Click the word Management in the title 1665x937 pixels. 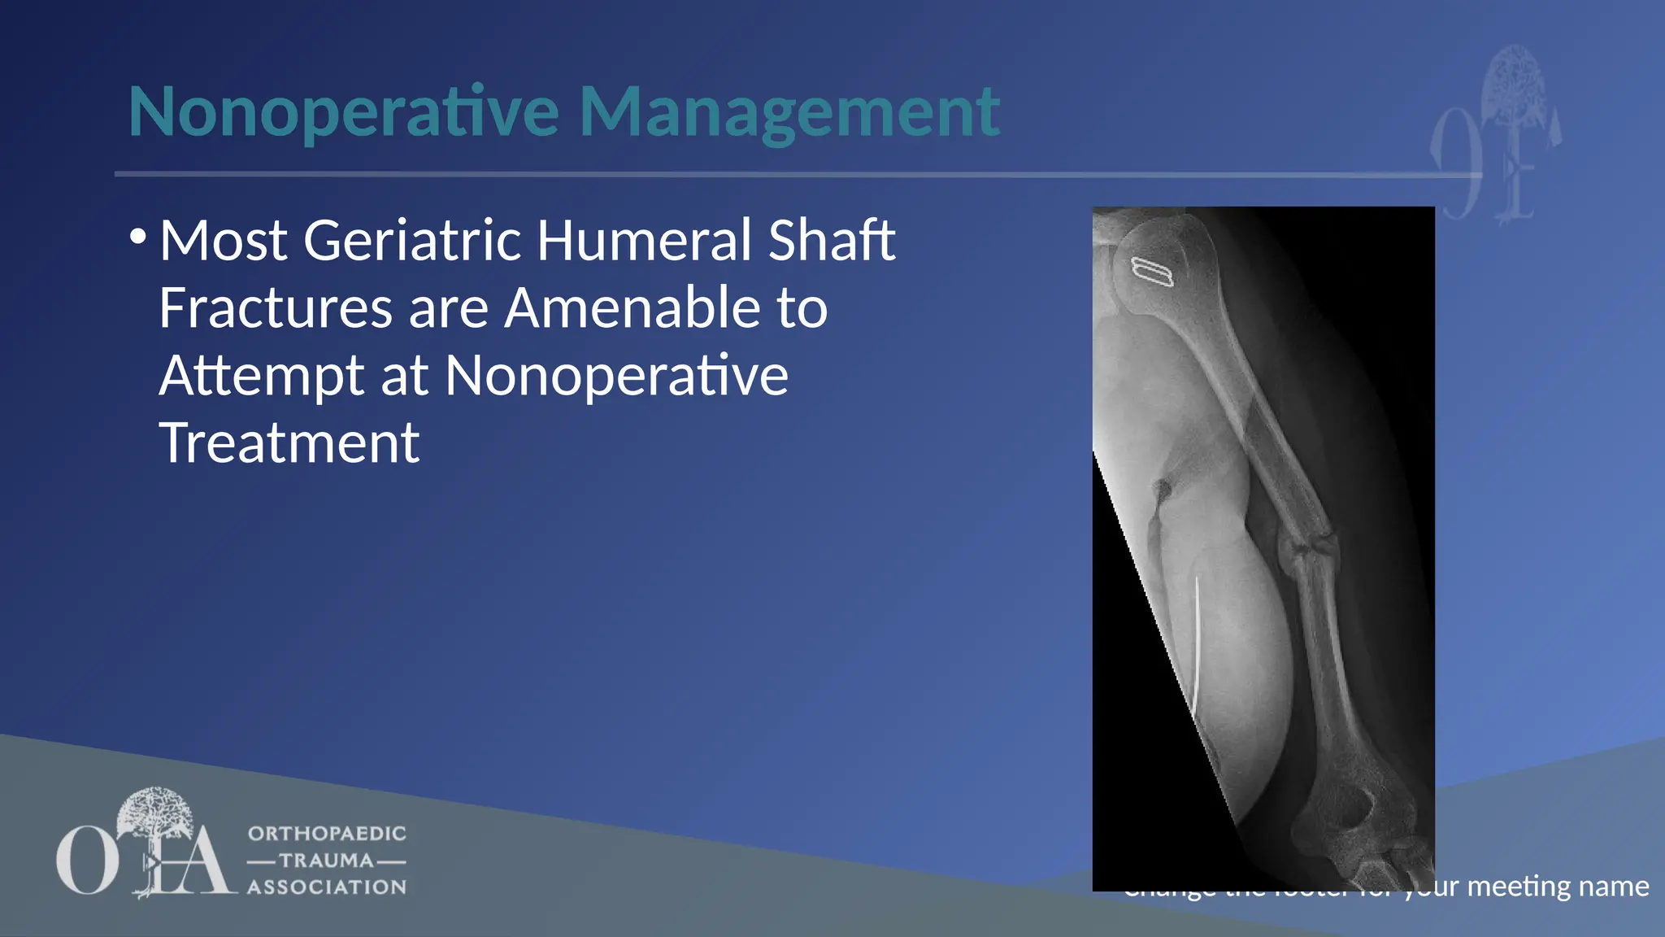click(x=789, y=112)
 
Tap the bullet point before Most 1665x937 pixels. click(x=138, y=238)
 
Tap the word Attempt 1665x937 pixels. click(x=261, y=376)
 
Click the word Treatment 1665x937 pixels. click(x=289, y=443)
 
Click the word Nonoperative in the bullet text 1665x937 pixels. click(x=616, y=376)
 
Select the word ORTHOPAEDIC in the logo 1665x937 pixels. click(x=327, y=834)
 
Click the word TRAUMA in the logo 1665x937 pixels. click(x=326, y=861)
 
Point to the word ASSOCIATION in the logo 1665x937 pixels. click(x=327, y=887)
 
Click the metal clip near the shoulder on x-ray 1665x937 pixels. click(x=1153, y=272)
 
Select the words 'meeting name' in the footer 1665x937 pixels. click(x=1558, y=886)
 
